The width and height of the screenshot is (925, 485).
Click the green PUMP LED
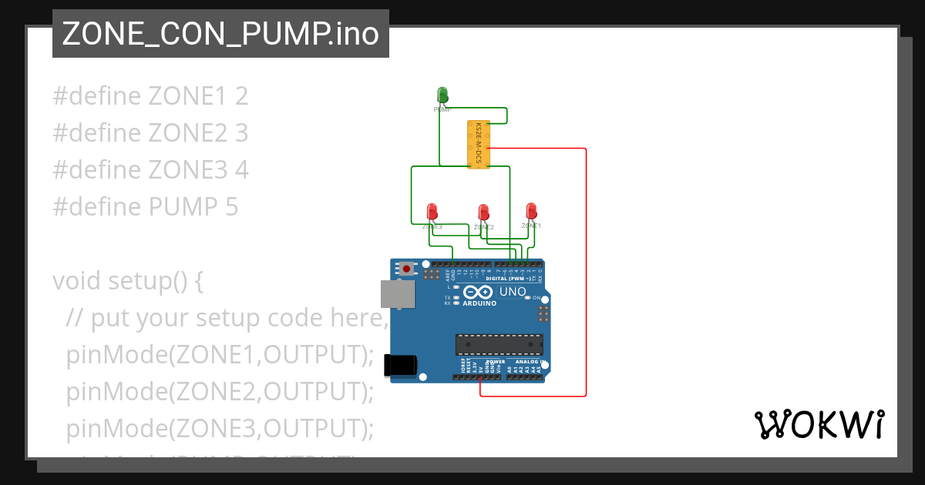pyautogui.click(x=442, y=95)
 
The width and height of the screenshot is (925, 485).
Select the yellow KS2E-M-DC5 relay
pyautogui.click(x=478, y=144)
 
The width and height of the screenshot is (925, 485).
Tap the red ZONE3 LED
pyautogui.click(x=432, y=211)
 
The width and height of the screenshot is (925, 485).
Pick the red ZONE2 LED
pyautogui.click(x=483, y=212)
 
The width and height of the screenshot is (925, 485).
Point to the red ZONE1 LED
pyautogui.click(x=530, y=210)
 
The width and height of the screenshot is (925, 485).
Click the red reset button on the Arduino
pyautogui.click(x=406, y=269)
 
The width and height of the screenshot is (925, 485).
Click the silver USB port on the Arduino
pyautogui.click(x=397, y=293)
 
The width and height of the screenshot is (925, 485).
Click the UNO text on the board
pyautogui.click(x=513, y=293)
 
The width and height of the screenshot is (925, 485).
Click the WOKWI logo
pyautogui.click(x=819, y=425)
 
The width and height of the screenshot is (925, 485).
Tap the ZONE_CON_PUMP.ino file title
pyautogui.click(x=220, y=34)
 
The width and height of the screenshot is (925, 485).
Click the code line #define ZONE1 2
pyautogui.click(x=150, y=96)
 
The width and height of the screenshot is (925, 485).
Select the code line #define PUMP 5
pyautogui.click(x=145, y=207)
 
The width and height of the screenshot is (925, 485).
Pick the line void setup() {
pyautogui.click(x=128, y=281)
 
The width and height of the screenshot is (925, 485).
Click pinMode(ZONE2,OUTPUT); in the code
pyautogui.click(x=220, y=392)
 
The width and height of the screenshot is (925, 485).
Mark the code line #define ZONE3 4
pyautogui.click(x=150, y=170)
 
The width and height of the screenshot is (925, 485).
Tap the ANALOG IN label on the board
pyautogui.click(x=530, y=362)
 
